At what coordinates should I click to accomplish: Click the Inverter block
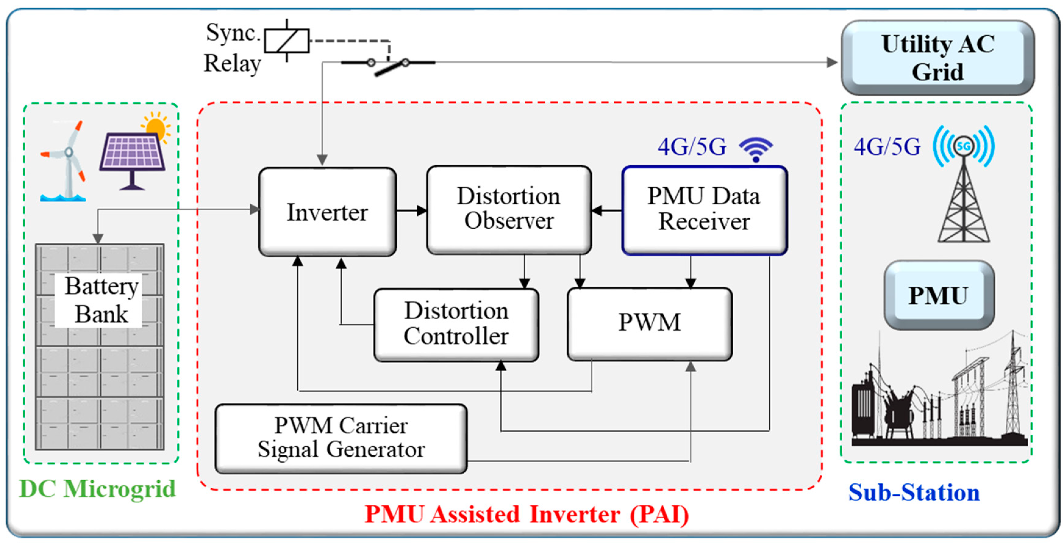coord(327,212)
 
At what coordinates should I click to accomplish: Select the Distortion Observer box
coord(509,210)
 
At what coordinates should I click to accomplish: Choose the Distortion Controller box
coord(456,324)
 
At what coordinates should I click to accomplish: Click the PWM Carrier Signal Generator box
coord(341,438)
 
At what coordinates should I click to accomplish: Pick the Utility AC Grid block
coord(937,58)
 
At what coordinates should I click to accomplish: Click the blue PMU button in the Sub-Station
coord(939,295)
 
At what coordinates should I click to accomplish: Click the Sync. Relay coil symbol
coord(287,41)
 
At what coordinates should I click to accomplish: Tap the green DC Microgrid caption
coord(98,489)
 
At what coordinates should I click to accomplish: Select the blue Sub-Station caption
coord(914,492)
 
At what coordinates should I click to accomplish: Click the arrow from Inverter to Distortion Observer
coord(411,211)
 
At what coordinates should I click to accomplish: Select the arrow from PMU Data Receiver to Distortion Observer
coord(607,211)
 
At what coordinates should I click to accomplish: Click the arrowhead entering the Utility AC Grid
coord(832,63)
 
